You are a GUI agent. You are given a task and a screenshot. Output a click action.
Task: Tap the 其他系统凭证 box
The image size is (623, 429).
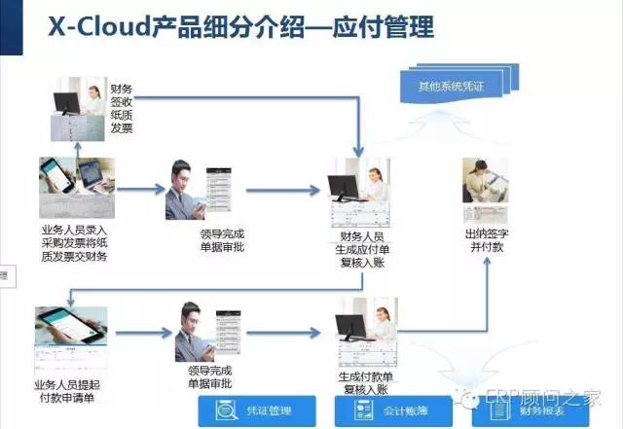pos(450,87)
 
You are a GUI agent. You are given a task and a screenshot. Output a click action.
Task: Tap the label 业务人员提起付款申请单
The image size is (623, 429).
pos(70,389)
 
